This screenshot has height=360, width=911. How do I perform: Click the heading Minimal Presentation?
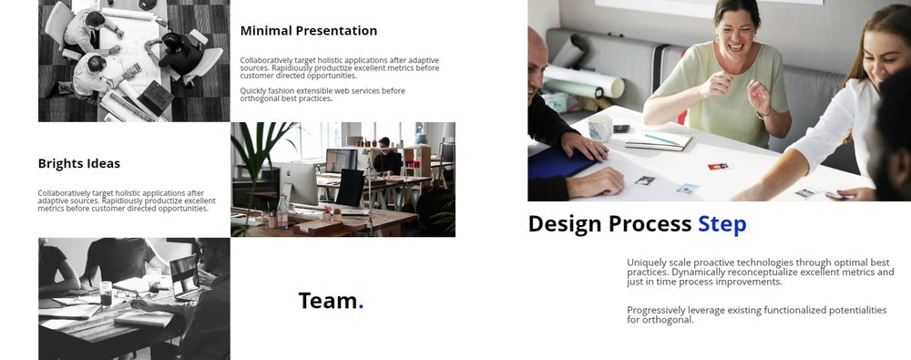(x=309, y=31)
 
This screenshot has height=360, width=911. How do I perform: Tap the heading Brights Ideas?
(x=79, y=163)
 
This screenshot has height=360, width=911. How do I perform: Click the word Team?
(x=328, y=301)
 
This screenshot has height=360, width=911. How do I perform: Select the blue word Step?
(x=722, y=224)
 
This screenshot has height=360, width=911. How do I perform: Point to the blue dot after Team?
(x=361, y=306)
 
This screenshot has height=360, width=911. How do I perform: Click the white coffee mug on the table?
(x=600, y=128)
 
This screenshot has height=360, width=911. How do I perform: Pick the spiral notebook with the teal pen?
(x=659, y=140)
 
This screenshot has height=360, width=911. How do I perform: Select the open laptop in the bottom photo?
(x=185, y=278)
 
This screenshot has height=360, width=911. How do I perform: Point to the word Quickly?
(x=252, y=91)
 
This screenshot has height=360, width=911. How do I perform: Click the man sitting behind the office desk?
(x=387, y=156)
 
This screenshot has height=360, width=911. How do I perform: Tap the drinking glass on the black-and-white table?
(x=105, y=293)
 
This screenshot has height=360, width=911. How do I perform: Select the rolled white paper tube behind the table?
(x=584, y=79)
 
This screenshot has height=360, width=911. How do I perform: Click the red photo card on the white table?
(x=718, y=167)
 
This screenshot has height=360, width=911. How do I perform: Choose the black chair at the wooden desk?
(x=351, y=187)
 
